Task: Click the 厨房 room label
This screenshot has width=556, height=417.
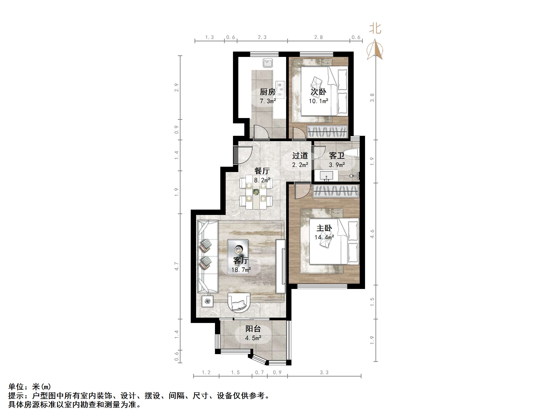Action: pos(267,92)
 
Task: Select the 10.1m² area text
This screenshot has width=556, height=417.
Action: pos(319,101)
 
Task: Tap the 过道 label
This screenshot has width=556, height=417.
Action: pos(300,156)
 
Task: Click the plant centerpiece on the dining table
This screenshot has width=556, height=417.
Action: pos(256,192)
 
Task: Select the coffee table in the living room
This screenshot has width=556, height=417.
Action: pos(238,252)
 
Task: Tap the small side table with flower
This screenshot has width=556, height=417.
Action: pos(207,301)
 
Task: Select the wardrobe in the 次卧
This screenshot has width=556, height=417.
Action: pos(327,131)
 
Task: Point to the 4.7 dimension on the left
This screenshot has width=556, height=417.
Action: pos(177,266)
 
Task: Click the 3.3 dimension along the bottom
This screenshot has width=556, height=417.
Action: pos(324,373)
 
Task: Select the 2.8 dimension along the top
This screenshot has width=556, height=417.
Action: pos(318,37)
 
